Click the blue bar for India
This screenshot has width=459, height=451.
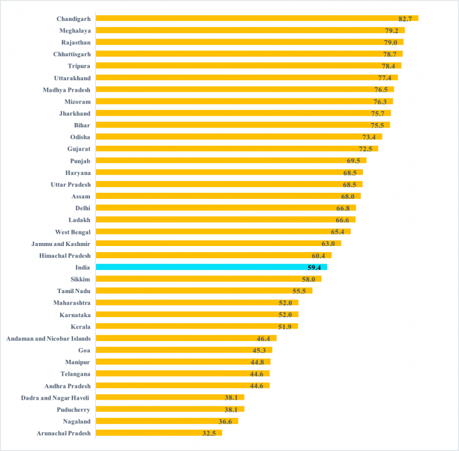(211, 267)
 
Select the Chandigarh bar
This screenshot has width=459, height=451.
(257, 18)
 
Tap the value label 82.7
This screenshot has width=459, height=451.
(405, 19)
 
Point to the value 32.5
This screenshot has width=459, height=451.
(209, 433)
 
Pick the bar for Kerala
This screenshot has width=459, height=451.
(197, 326)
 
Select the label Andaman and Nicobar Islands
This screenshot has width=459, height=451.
(48, 338)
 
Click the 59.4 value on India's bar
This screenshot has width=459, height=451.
(315, 267)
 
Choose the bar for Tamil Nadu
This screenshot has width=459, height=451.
(204, 291)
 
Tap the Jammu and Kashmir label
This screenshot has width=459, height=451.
(61, 244)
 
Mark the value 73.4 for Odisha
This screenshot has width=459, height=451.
(370, 137)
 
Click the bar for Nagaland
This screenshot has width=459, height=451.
(166, 421)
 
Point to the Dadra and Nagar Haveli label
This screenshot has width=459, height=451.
(55, 398)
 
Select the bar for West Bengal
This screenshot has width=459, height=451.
(223, 232)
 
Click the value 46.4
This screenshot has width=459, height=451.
(264, 338)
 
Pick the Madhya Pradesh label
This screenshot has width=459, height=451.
(67, 89)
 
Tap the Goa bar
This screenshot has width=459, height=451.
(184, 350)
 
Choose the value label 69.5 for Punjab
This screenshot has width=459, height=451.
(354, 161)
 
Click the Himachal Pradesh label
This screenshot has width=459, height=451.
(64, 255)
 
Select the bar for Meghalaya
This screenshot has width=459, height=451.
(250, 30)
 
